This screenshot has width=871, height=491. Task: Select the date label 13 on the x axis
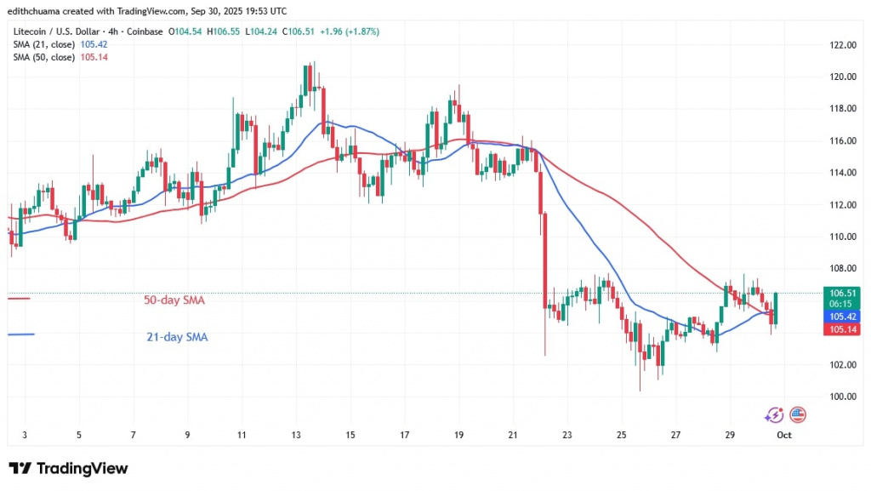(x=296, y=435)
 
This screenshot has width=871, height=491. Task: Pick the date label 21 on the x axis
(x=513, y=435)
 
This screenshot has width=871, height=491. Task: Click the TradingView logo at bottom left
(x=68, y=469)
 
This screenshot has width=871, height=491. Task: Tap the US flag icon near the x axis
(x=797, y=415)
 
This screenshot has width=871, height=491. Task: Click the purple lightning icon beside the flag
(x=774, y=415)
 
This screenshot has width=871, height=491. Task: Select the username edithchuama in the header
(x=38, y=10)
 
